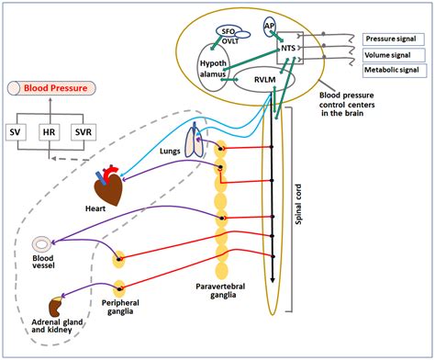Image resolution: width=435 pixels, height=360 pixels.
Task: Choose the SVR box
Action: (x=93, y=133)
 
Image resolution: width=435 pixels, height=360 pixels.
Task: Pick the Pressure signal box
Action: (x=389, y=39)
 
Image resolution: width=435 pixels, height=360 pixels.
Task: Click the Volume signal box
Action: (x=389, y=56)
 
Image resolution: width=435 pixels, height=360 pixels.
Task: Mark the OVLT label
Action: (x=229, y=41)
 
